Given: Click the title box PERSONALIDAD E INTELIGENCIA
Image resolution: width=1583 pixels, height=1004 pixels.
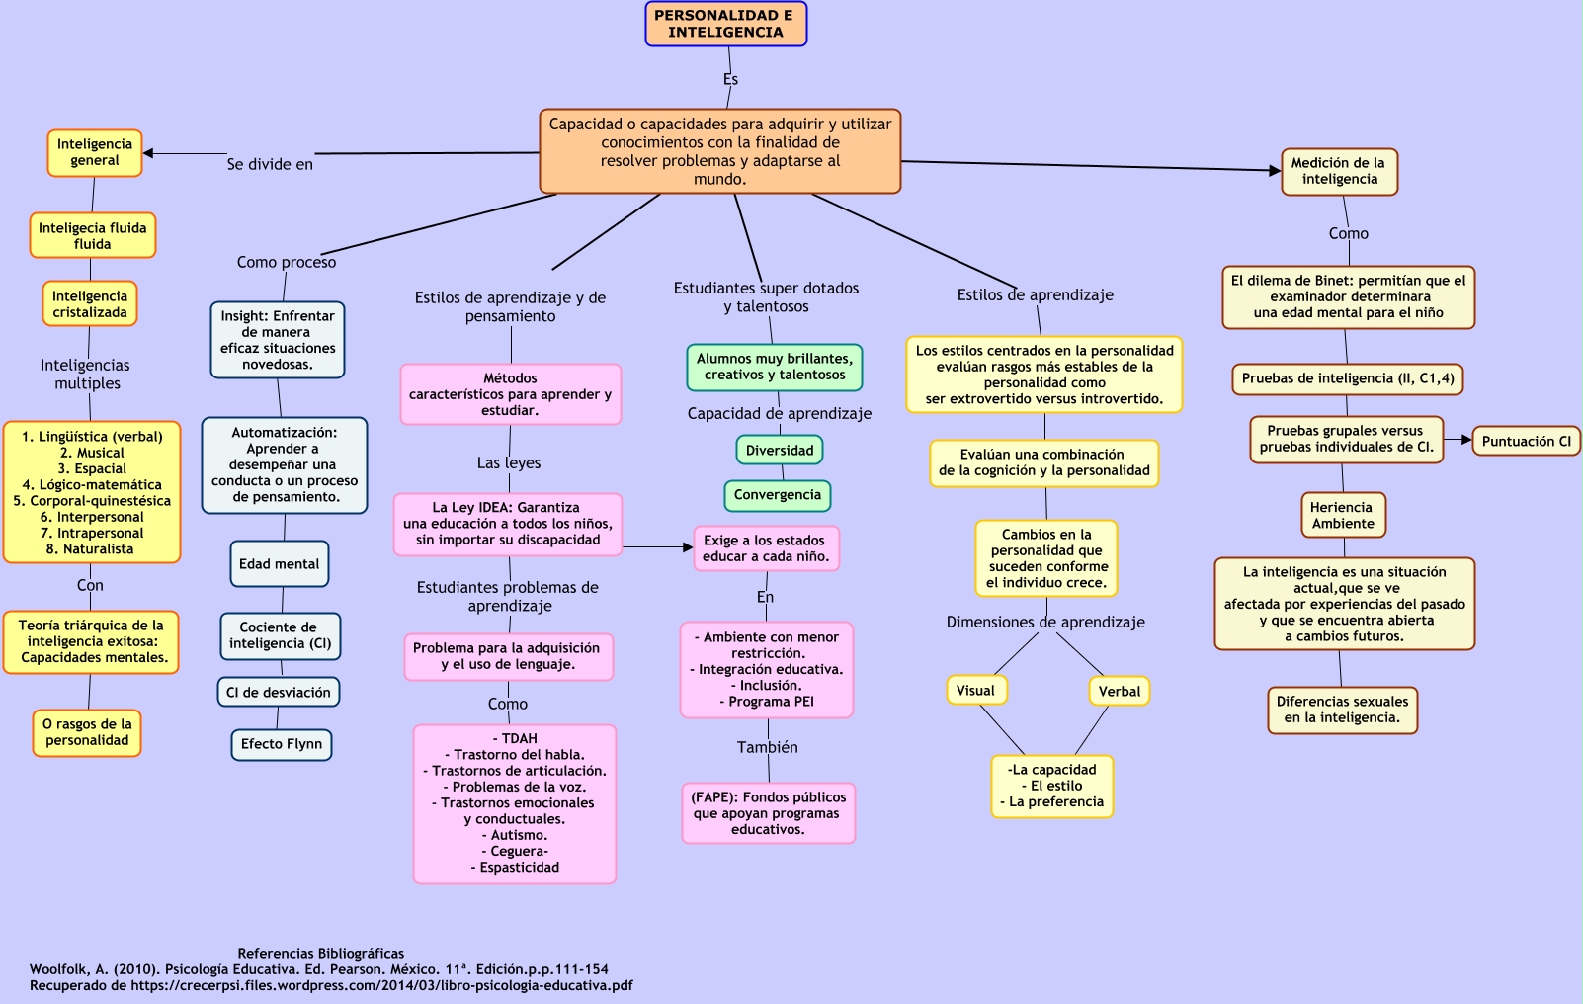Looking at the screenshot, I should pyautogui.click(x=725, y=24).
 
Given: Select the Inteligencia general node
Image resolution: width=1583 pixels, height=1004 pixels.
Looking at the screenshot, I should pyautogui.click(x=95, y=153).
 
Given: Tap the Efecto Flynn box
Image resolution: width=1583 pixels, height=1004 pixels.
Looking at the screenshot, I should pyautogui.click(x=282, y=744).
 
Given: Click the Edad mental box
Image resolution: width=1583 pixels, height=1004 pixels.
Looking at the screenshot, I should pyautogui.click(x=280, y=564).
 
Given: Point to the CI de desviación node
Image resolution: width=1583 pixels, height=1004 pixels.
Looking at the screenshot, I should pyautogui.click(x=279, y=693).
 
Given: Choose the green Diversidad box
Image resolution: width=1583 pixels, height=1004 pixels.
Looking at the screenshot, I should pyautogui.click(x=780, y=451).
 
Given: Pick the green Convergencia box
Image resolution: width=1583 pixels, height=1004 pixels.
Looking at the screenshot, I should pyautogui.click(x=778, y=495).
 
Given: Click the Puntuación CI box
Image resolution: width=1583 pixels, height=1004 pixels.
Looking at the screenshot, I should pyautogui.click(x=1526, y=442).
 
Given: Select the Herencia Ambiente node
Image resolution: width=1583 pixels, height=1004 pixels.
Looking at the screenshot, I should pyautogui.click(x=1342, y=516).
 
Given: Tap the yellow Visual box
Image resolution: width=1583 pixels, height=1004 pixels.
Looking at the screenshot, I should pyautogui.click(x=976, y=691).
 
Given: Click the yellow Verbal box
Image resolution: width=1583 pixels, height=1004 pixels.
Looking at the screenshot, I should pyautogui.click(x=1119, y=692).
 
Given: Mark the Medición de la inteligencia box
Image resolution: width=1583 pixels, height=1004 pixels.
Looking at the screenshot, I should pyautogui.click(x=1339, y=172).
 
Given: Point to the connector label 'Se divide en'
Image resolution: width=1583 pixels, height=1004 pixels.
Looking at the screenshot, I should pyautogui.click(x=270, y=165).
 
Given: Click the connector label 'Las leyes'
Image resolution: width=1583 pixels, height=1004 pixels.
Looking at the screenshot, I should pyautogui.click(x=509, y=463).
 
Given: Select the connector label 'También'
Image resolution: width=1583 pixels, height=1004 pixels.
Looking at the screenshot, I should pyautogui.click(x=767, y=748).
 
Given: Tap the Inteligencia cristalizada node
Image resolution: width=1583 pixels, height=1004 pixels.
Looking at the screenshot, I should pyautogui.click(x=90, y=304).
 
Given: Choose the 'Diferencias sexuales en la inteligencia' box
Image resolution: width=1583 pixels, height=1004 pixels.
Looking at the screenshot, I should pyautogui.click(x=1342, y=711).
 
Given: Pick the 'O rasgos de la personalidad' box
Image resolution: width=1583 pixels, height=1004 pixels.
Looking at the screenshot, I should pyautogui.click(x=87, y=733).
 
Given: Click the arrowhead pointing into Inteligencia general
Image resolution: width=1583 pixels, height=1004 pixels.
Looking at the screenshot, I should pyautogui.click(x=149, y=153).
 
